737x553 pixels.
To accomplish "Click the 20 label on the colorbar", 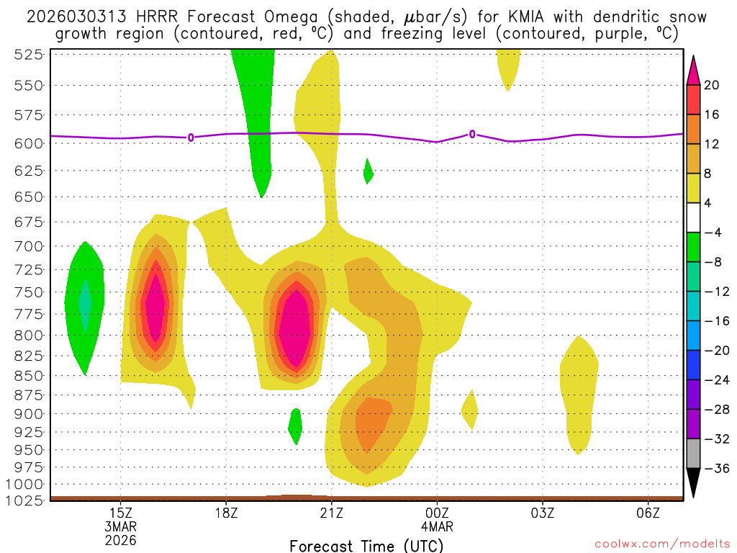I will [x=712, y=85].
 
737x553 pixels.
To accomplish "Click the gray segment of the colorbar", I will [x=693, y=454].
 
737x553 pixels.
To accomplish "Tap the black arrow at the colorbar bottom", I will [x=693, y=482].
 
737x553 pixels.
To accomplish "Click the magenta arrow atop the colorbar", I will [x=693, y=70].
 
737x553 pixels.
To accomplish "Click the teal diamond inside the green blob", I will [x=85, y=305].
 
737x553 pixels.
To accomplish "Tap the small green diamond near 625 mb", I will [x=368, y=171].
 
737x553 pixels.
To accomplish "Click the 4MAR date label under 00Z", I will [x=437, y=526].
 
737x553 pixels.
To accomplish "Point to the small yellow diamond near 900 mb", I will [x=469, y=410].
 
